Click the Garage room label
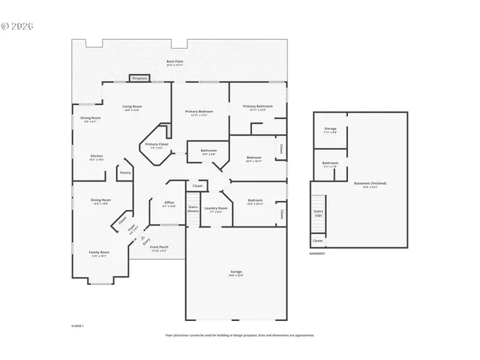click(235, 271)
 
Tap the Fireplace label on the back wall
click(139, 78)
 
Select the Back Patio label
click(174, 62)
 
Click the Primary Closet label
click(157, 145)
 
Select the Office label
click(169, 204)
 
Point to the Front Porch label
click(159, 248)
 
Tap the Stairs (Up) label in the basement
click(319, 214)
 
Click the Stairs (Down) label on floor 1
click(193, 209)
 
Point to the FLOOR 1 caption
click(77, 326)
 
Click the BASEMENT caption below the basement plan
click(317, 254)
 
